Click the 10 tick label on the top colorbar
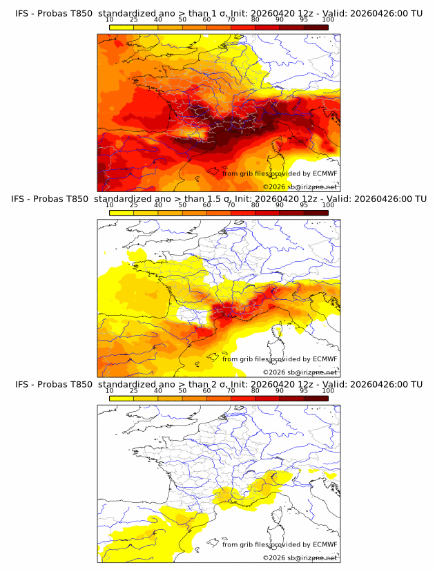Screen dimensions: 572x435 (x=109, y=20)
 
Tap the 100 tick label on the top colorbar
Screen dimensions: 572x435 (x=328, y=20)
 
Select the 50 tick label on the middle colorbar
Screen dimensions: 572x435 (x=182, y=205)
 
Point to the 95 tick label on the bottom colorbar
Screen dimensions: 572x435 (x=304, y=390)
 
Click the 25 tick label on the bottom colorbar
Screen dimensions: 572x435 (x=133, y=390)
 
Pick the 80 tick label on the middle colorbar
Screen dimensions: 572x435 (x=255, y=205)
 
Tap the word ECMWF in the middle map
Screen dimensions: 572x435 (x=325, y=359)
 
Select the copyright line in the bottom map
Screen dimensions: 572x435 (x=300, y=557)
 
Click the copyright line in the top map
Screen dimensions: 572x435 (x=300, y=187)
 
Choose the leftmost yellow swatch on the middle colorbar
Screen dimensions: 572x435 (x=121, y=212)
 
